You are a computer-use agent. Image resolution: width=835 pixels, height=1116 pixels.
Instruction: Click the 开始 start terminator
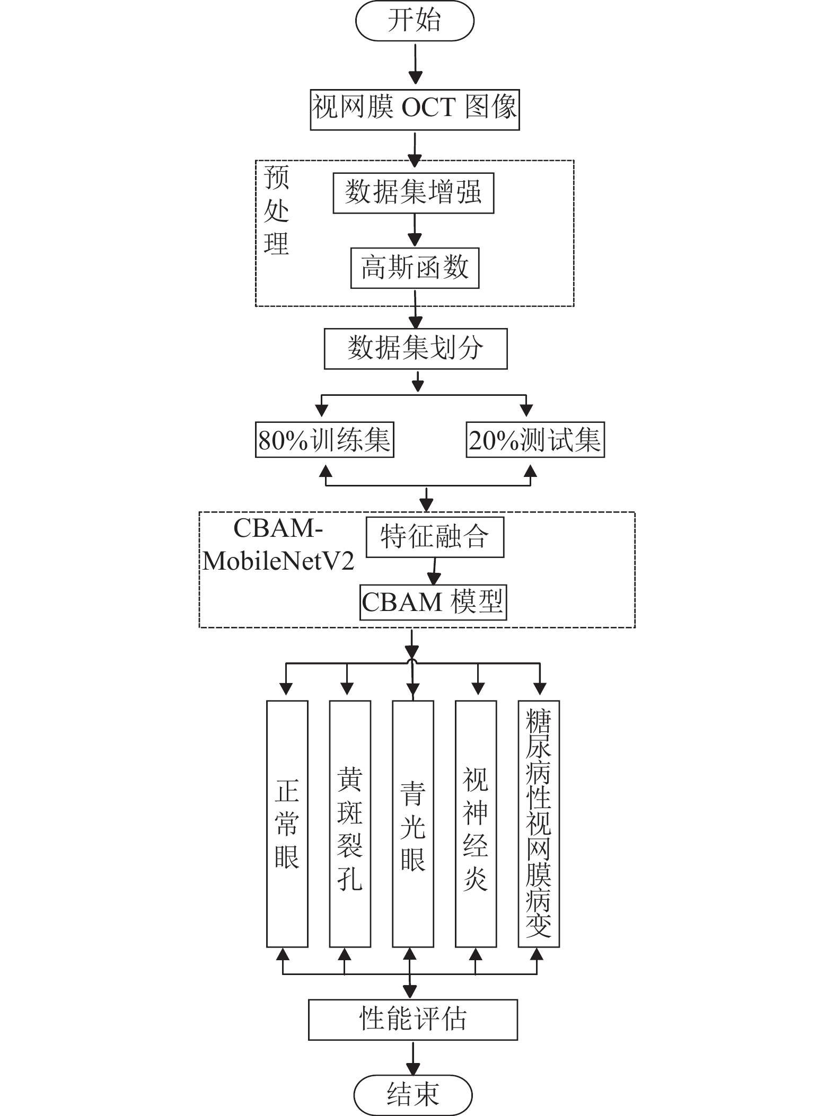tap(415, 21)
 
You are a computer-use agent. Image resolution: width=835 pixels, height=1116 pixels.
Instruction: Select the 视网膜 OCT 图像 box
tap(415, 110)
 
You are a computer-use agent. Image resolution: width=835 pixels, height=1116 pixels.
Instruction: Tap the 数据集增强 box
tap(414, 193)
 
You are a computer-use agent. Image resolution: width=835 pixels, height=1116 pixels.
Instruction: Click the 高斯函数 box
tap(415, 268)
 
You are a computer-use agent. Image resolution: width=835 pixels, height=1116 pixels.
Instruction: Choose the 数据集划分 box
tap(416, 349)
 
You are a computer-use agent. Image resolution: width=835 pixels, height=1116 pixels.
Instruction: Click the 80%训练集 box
tap(324, 439)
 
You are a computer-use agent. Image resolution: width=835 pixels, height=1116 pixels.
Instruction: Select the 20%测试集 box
tap(535, 439)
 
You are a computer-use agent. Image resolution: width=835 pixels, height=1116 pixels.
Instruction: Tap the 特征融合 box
tap(435, 537)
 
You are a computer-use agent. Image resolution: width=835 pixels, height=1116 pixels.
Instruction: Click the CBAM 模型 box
tap(433, 602)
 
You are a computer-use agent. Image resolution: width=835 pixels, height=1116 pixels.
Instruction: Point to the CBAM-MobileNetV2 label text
tap(278, 545)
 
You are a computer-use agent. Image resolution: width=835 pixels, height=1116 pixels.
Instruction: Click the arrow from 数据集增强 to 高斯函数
tap(415, 231)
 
